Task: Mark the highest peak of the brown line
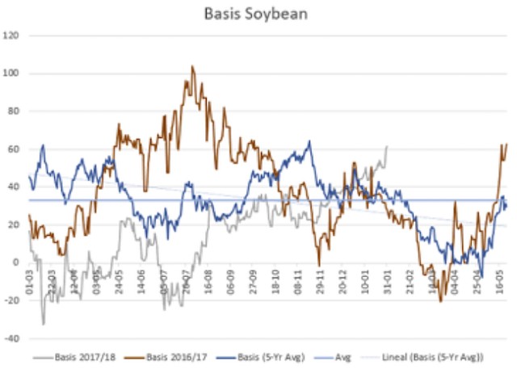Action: [x=192, y=67]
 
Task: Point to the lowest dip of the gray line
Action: [x=44, y=324]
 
